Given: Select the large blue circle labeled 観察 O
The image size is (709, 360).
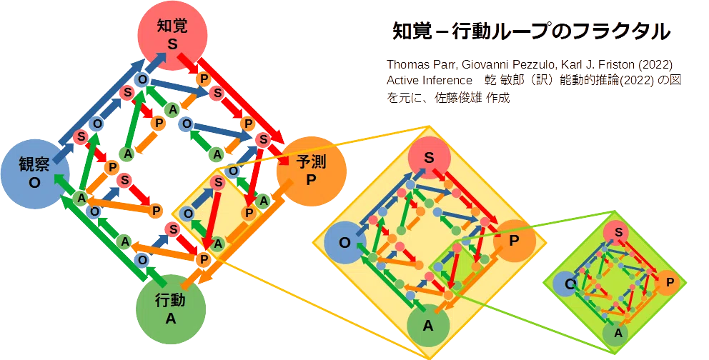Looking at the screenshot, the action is click(x=35, y=174).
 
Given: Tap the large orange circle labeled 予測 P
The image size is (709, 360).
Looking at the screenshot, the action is click(x=311, y=171).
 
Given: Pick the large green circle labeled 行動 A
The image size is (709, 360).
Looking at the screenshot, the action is click(x=171, y=309).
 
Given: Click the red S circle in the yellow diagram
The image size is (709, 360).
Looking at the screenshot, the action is click(x=429, y=158).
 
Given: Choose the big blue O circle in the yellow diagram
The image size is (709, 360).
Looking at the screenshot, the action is click(x=345, y=243).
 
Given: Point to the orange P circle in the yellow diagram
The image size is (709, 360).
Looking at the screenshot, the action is click(x=514, y=241).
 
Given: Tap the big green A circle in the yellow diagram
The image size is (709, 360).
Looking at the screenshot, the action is click(x=428, y=326).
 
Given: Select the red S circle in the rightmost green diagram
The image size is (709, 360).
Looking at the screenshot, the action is click(x=619, y=233).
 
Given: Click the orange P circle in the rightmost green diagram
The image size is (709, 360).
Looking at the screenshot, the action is click(x=670, y=283).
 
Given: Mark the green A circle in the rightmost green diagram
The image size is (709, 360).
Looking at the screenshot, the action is click(x=618, y=334).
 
